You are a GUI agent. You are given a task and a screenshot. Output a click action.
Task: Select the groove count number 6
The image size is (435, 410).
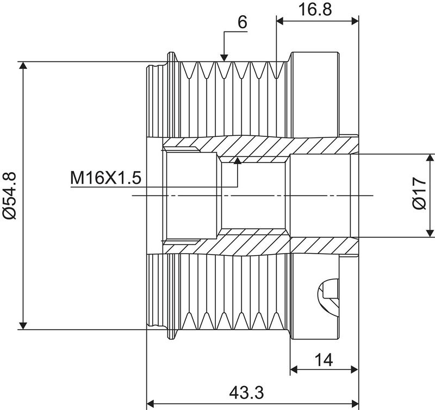(243, 22)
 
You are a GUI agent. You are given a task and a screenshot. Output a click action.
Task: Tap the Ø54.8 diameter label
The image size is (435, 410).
(10, 195)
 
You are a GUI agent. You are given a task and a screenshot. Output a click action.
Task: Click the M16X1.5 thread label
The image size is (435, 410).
(105, 178)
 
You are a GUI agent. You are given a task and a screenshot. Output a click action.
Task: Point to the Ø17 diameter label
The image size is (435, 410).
(418, 195)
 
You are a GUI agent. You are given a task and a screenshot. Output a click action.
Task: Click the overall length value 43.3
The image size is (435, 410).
(251, 391)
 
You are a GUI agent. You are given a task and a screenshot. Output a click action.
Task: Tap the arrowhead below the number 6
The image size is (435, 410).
(223, 56)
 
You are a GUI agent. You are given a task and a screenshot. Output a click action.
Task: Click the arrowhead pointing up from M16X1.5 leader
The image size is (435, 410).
(237, 160)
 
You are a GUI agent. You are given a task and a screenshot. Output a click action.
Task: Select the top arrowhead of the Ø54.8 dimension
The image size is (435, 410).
(22, 66)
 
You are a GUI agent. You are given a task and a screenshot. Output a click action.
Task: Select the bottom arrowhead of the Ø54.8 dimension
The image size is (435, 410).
(22, 325)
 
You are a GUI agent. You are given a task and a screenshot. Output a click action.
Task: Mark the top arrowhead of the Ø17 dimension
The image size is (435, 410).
(430, 158)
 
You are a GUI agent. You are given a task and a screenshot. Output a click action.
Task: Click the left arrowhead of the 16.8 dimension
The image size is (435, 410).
(281, 21)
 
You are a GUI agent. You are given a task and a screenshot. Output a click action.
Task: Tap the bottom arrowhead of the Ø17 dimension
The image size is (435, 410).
(430, 233)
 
